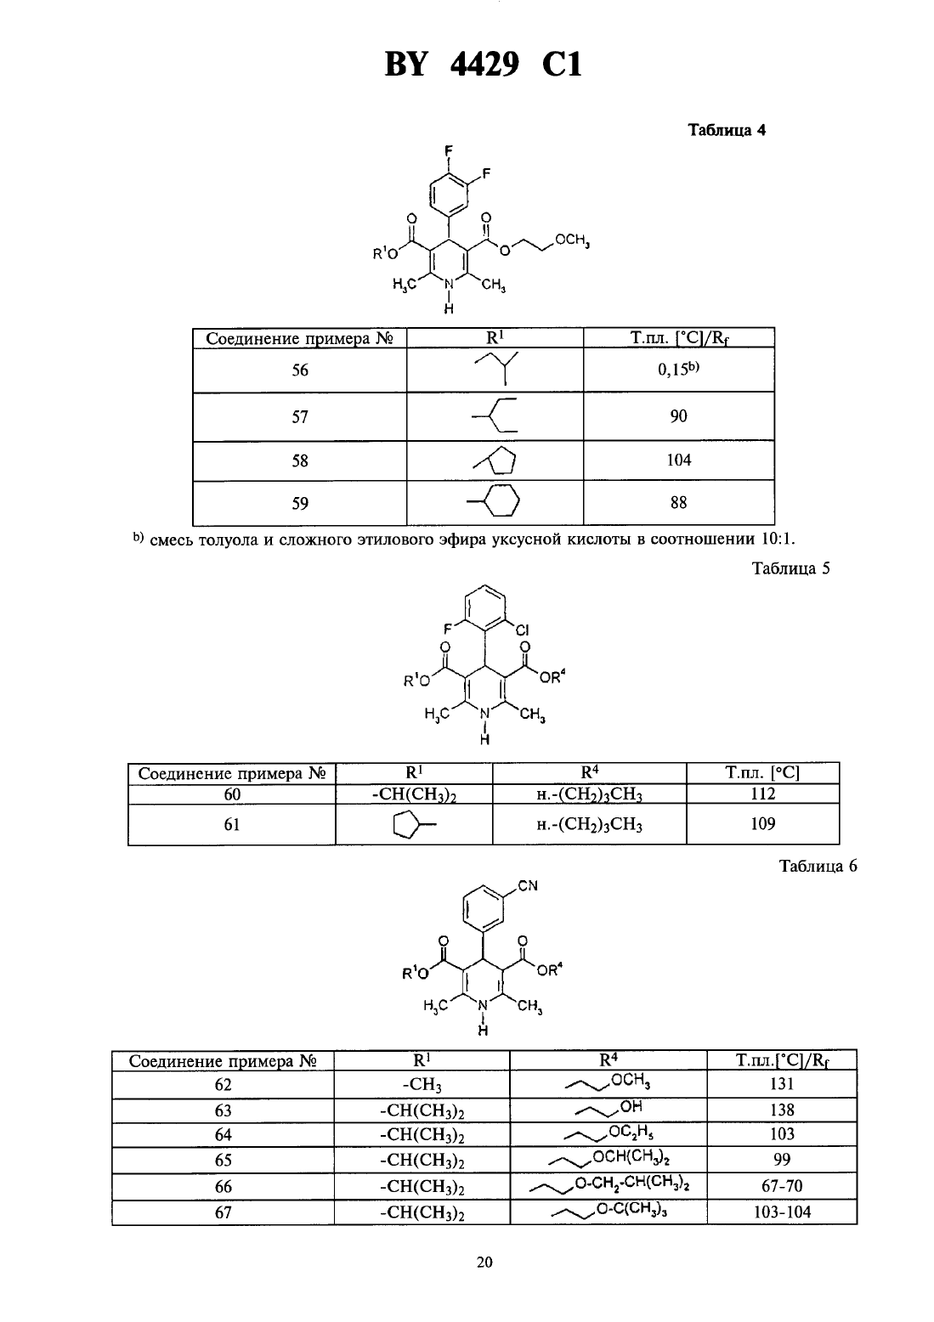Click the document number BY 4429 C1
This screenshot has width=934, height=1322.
(x=483, y=65)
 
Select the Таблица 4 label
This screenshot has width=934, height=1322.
(x=727, y=131)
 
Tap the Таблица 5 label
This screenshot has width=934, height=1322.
(x=790, y=568)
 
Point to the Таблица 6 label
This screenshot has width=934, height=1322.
(x=818, y=866)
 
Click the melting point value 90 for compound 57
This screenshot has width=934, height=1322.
(x=678, y=416)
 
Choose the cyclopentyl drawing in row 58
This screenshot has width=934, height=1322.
(x=495, y=460)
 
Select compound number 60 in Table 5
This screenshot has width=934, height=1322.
(x=232, y=794)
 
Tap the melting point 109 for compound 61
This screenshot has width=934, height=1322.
(x=763, y=823)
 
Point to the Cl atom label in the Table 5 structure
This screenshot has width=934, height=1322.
(x=522, y=631)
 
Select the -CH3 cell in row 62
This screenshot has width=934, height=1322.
(x=422, y=1085)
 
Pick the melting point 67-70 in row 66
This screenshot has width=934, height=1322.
(x=782, y=1186)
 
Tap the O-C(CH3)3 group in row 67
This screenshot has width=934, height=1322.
(x=631, y=1209)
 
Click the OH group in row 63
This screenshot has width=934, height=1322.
(x=631, y=1106)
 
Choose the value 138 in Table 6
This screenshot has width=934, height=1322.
(x=782, y=1110)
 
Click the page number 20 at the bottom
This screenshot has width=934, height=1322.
(x=484, y=1263)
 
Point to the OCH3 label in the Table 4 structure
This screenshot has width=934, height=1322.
(x=572, y=241)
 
